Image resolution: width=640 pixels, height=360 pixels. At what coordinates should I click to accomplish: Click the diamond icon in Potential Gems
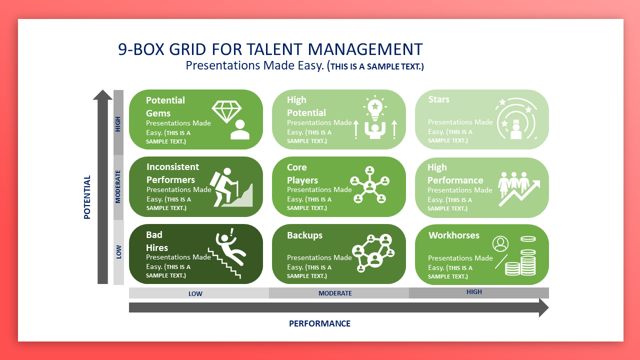coord(226,111)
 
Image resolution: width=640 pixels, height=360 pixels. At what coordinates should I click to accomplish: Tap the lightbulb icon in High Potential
coord(375,108)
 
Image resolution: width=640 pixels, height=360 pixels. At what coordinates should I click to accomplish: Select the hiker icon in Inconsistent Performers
coord(225,187)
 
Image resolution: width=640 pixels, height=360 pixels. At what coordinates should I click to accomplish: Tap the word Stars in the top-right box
coord(438,99)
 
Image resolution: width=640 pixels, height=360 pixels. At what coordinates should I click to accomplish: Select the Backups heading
coord(304,235)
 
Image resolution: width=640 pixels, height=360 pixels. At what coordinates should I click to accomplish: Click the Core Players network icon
coord(369,185)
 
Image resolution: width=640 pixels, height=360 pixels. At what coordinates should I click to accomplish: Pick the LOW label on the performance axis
coord(195,293)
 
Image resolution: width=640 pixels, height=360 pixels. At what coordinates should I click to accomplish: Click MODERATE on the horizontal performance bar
coord(335,293)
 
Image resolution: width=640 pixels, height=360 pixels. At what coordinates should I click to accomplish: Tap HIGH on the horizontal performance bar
coord(474,292)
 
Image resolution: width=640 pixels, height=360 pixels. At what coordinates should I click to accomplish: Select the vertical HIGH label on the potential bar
coord(117,124)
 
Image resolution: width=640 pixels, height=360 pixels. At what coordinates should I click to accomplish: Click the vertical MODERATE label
coord(117,187)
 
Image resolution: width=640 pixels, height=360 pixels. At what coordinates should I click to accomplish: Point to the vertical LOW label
coord(118,252)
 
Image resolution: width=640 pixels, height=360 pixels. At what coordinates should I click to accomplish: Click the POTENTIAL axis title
coord(87,197)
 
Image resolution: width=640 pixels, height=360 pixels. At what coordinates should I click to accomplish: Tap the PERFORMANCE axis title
coord(319,323)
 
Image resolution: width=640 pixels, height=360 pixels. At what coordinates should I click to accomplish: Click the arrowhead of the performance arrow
coord(543,307)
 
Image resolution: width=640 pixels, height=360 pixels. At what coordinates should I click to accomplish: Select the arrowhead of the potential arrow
coord(102,95)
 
